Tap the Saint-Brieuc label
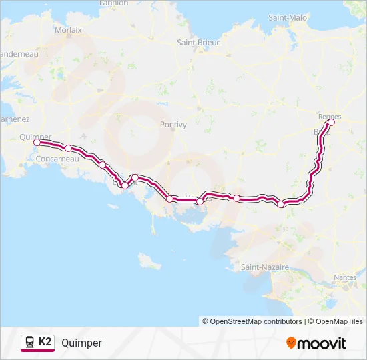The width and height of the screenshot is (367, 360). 198,42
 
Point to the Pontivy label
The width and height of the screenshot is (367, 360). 174,124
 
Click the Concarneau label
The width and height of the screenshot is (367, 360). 59,159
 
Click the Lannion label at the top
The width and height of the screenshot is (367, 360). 113,3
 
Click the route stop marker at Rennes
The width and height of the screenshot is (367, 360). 331,122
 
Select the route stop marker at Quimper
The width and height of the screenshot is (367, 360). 37,142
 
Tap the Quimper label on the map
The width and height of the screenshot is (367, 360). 35,137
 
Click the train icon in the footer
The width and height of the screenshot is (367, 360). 29,343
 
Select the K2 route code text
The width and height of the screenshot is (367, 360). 45,342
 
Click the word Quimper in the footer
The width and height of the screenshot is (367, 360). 81,343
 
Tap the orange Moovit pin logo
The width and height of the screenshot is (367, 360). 291,343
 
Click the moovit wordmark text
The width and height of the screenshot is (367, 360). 322,343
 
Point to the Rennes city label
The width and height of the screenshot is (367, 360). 330,116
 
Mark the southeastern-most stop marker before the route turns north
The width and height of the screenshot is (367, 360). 281,204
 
